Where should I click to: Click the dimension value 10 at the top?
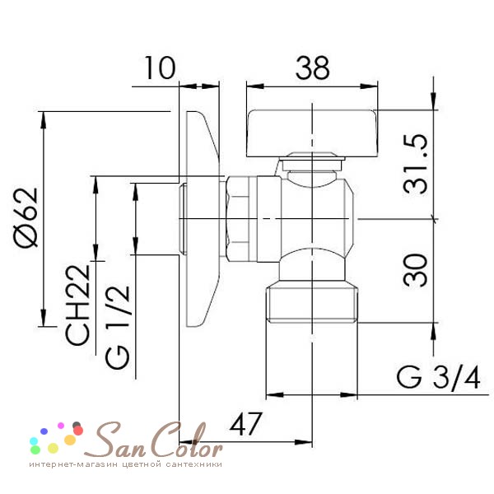[x=161, y=68]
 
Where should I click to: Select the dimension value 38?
[x=313, y=67]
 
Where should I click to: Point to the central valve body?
[x=313, y=216]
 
